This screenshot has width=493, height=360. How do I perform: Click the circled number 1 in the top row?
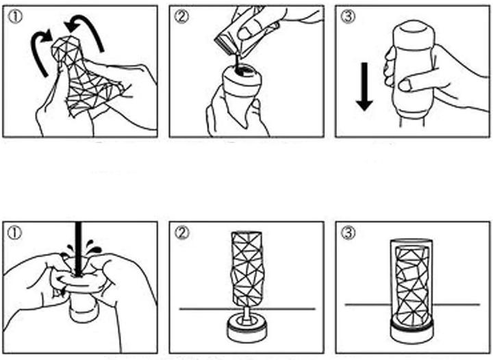(14, 16)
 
